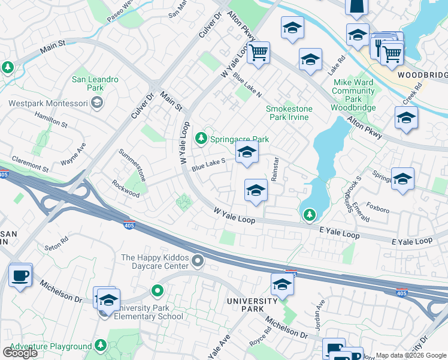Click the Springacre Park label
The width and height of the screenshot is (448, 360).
239,139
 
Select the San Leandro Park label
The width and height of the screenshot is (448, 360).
95,83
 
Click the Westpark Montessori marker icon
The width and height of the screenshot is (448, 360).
96,103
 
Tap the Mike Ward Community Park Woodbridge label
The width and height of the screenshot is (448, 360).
353,95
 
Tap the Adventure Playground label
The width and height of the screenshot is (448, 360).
50,347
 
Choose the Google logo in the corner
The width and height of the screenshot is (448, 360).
20,353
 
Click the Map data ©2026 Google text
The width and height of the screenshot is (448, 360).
411,355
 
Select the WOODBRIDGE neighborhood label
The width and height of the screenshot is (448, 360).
422,75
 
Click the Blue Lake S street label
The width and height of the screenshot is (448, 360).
208,164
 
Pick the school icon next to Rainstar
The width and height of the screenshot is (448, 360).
256,190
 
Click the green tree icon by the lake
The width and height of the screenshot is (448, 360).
309,214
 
